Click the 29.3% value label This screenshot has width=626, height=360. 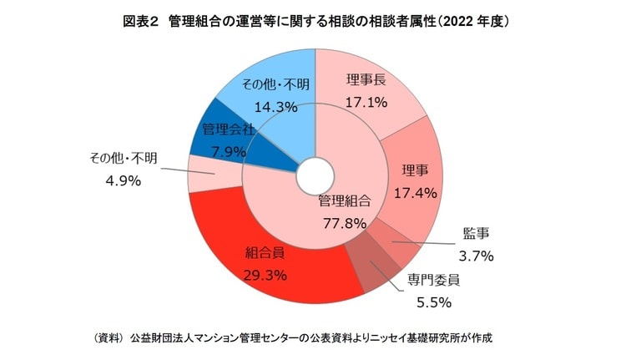(x=266, y=274)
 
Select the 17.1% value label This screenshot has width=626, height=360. (x=366, y=102)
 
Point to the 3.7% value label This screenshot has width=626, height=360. (x=476, y=255)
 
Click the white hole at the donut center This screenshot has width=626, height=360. (x=315, y=175)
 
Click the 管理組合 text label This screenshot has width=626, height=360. (x=345, y=200)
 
